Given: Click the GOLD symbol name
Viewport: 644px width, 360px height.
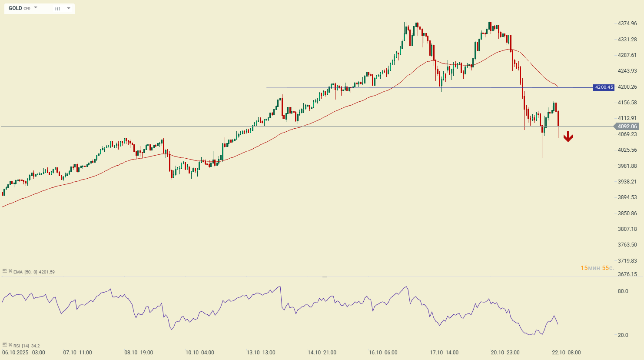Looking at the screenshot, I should click(15, 8).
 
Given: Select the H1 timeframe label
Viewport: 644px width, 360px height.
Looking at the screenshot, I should click(58, 9).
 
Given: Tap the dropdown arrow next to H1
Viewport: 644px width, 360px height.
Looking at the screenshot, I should click(69, 8).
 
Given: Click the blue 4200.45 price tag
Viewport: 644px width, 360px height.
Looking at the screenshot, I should click(604, 87).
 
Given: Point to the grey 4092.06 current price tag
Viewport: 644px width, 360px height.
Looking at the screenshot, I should click(627, 127).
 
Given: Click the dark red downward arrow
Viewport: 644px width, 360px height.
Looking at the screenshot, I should click(568, 137).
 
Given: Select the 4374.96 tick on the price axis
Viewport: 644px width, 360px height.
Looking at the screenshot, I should click(627, 23).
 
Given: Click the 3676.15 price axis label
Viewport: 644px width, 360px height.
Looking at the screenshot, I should click(627, 274).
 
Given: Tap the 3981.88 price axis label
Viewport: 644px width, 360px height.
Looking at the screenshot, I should click(627, 166).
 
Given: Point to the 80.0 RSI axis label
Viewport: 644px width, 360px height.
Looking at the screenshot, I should click(623, 291).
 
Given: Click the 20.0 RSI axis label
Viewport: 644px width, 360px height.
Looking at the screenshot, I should click(623, 335).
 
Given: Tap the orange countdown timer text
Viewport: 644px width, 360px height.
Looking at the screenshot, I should click(597, 268).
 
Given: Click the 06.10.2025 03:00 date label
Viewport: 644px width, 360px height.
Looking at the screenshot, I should click(23, 353).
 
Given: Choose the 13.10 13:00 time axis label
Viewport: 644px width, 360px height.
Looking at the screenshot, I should click(261, 353).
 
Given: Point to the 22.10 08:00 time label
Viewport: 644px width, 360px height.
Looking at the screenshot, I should click(566, 353).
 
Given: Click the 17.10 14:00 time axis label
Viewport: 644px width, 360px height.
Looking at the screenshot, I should click(444, 353).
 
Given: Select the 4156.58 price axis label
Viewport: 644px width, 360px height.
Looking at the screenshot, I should click(627, 103).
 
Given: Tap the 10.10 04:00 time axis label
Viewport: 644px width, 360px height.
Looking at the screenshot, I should click(199, 353).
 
